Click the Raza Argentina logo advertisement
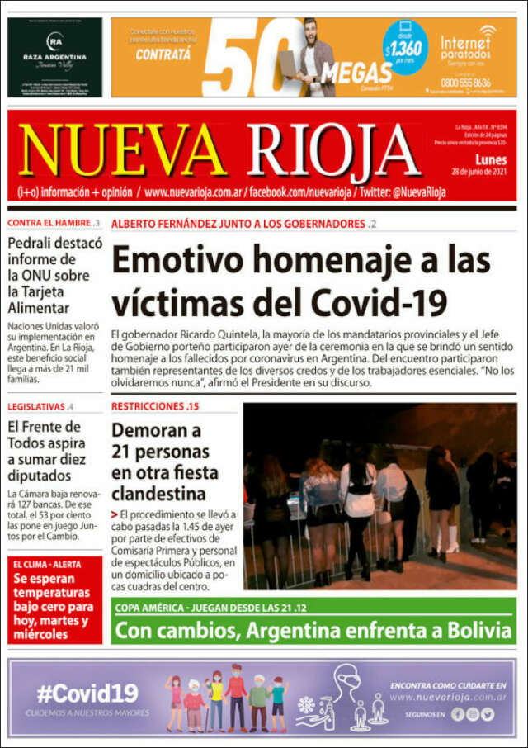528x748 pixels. pos(54,57)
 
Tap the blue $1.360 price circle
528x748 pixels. pos(405,46)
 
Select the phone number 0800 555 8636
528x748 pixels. pos(465,82)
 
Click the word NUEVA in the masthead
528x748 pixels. pos(124,151)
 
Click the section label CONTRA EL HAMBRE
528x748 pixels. pos(49,224)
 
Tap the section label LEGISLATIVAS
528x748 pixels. pos(36,407)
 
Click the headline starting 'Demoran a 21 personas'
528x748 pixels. pos(165,462)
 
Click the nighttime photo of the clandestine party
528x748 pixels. pos(379,495)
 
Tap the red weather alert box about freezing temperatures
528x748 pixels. pos(54,600)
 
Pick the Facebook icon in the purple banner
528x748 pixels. pos(458,715)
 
